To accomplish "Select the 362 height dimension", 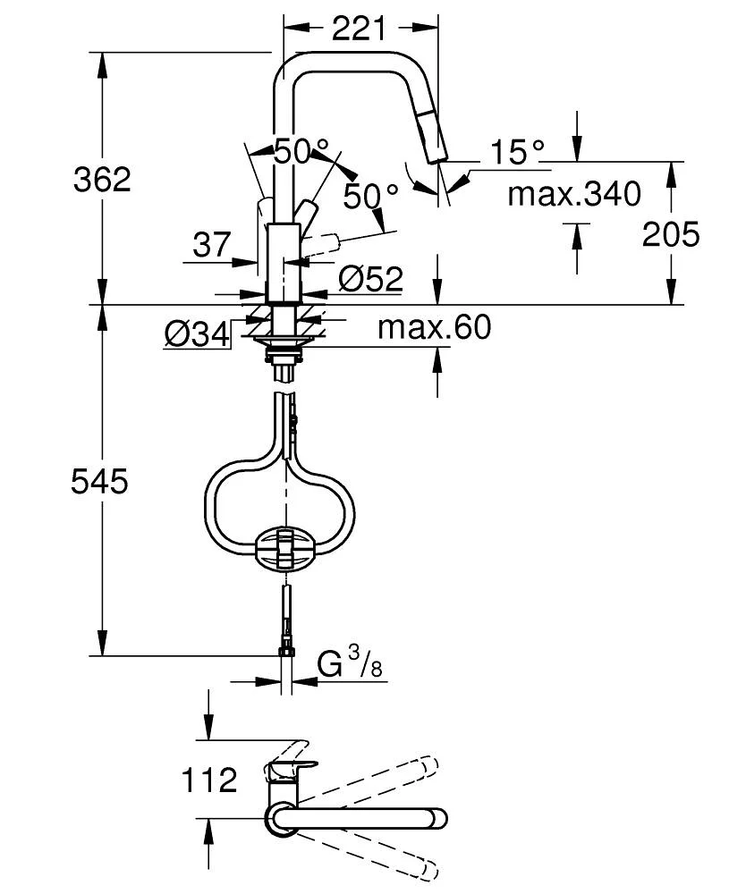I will coord(102,180).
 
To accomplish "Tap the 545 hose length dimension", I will coord(100,483).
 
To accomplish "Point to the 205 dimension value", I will coord(671,234).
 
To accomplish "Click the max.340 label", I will coord(574,193).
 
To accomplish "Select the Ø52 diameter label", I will coord(370,280).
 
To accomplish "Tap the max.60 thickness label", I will coord(434,327).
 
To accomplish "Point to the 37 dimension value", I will coord(212,244).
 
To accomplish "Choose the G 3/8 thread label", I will coord(344,665).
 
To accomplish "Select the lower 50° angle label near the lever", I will coord(370,196).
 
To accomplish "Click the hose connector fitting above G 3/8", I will coord(286,643).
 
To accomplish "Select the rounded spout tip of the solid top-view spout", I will coord(439,817).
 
